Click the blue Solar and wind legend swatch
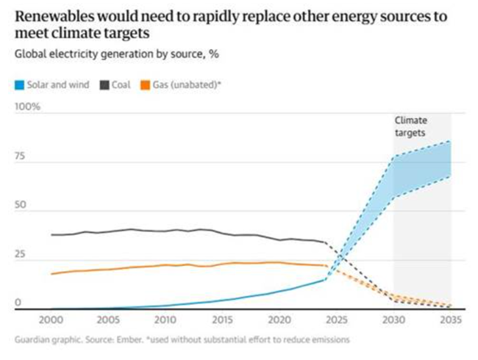coord(21,84)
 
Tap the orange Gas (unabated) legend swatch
coord(146,84)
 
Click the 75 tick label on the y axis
coord(21,156)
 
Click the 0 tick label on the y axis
coord(18,302)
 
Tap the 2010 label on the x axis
coord(165,320)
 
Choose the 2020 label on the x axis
coord(279,320)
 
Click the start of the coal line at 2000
coord(51,235)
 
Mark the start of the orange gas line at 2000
coord(51,273)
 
